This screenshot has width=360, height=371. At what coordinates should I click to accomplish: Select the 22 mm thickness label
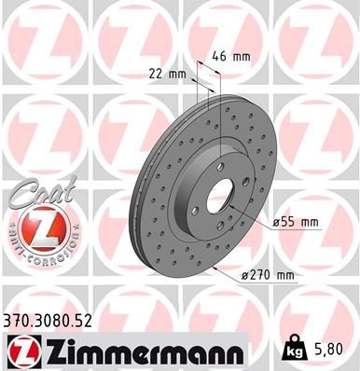coord(162,75)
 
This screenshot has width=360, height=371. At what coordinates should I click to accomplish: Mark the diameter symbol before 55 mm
coord(276,222)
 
